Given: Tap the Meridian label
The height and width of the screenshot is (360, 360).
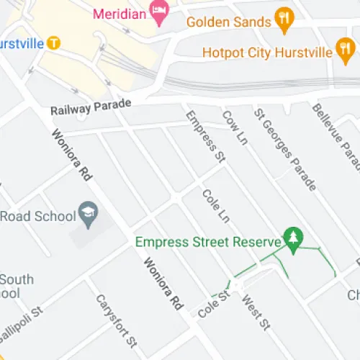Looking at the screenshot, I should coord(121,12).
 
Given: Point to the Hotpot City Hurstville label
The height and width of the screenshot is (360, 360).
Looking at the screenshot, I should coord(267,53).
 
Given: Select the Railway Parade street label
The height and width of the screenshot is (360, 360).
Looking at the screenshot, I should coord(91,108).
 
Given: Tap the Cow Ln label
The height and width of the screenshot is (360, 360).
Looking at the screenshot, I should coord(235,128).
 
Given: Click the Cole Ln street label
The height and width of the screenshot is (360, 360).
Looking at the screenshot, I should coord(215,205).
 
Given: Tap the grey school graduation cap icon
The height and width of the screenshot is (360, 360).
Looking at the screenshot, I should coord(89,214).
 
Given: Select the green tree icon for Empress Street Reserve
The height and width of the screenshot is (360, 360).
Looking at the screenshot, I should coord(293,238).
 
